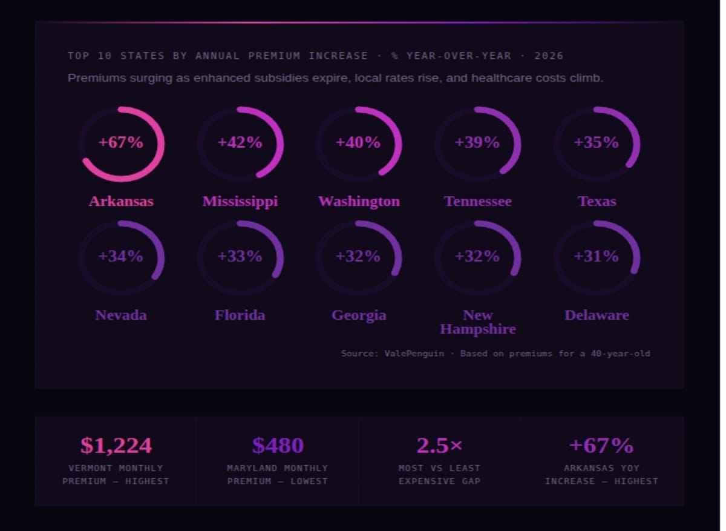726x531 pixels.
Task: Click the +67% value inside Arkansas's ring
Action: pos(121,143)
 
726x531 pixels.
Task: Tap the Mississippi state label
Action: pos(240,201)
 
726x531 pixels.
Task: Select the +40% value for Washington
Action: pos(358,143)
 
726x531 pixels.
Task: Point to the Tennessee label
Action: pos(477,201)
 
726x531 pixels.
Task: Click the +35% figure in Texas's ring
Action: pos(597,143)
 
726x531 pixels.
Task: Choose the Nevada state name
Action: pos(121,315)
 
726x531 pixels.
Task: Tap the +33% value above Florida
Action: pos(240,257)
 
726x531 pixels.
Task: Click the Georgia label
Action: pos(359,315)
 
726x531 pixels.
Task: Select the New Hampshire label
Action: pos(477,322)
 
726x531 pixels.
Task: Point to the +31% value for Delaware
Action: pos(597,257)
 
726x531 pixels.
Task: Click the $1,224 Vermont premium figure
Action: pos(116,446)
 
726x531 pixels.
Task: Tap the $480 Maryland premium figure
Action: pos(278,446)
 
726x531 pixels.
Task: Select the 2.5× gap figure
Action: pos(439,446)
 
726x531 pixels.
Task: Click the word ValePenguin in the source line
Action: pos(414,354)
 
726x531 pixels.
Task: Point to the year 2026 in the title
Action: pos(549,56)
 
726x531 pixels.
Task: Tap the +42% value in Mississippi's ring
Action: pos(240,143)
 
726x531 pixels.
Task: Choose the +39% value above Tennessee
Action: pos(477,143)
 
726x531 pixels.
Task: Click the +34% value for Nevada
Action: pos(121,257)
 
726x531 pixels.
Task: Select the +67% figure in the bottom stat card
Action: pos(601,446)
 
